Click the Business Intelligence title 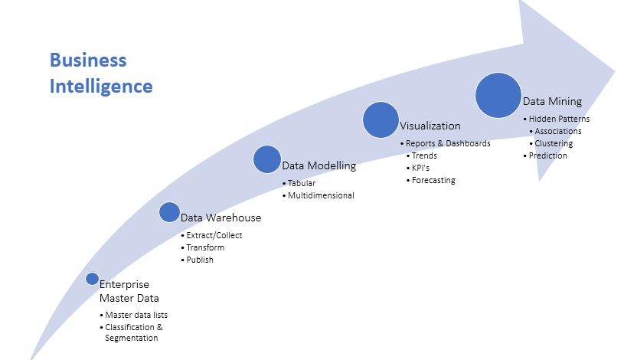click(100, 73)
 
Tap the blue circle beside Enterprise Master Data click(92, 279)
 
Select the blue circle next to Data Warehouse click(169, 212)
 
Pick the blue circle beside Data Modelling click(267, 159)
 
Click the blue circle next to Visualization click(381, 120)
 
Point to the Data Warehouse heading click(221, 218)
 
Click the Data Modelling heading click(319, 166)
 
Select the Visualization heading click(430, 126)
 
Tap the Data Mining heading click(552, 101)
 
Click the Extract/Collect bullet click(215, 235)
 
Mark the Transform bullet click(207, 247)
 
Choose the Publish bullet click(201, 260)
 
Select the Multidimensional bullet click(321, 195)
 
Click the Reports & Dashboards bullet click(447, 143)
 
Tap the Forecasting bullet click(433, 180)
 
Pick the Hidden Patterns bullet click(560, 119)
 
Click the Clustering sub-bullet click(554, 143)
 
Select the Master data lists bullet click(136, 315)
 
